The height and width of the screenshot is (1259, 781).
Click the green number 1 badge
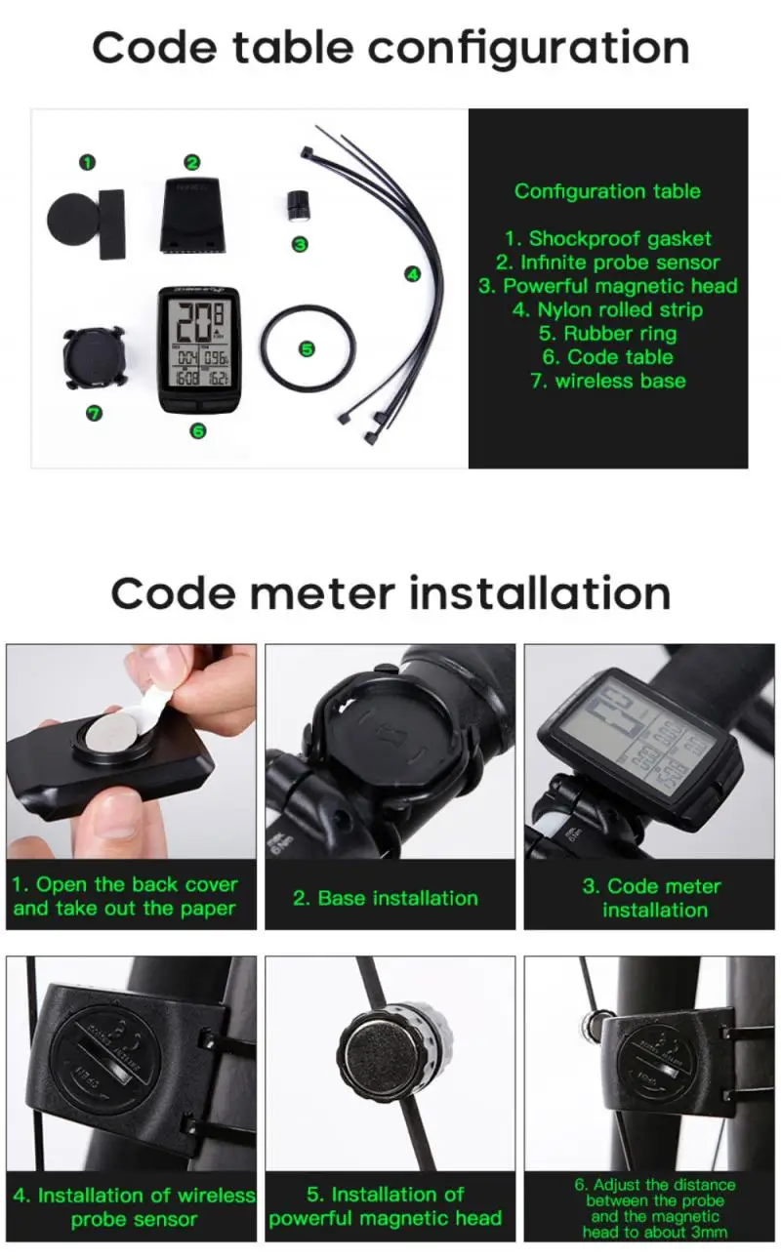tap(88, 162)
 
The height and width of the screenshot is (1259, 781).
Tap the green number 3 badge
tap(300, 244)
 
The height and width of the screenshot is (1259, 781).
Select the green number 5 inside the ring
tap(308, 348)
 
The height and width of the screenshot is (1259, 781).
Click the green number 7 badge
tap(94, 414)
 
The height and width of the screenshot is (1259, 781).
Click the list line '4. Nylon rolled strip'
tap(606, 310)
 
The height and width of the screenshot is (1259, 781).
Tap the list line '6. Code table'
tap(606, 357)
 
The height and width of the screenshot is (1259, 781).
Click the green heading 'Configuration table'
tap(607, 191)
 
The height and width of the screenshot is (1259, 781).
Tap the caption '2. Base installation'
tap(386, 898)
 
